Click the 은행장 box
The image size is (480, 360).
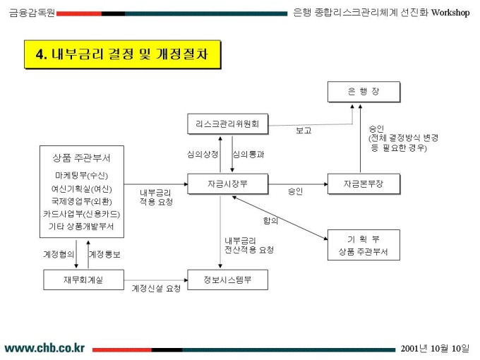click(363, 92)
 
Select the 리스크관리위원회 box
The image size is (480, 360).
click(227, 124)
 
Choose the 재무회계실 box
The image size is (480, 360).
click(83, 280)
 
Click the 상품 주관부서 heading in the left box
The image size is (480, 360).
click(81, 157)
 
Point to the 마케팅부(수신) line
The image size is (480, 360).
click(81, 174)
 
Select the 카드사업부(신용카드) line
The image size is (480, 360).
click(81, 213)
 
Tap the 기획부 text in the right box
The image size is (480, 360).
click(363, 239)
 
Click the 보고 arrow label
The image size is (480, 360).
click(304, 131)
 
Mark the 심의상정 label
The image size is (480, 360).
click(203, 154)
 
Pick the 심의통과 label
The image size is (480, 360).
click(248, 154)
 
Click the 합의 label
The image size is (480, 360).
click(270, 220)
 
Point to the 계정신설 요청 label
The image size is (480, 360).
click(156, 288)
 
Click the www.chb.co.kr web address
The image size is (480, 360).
click(44, 348)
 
